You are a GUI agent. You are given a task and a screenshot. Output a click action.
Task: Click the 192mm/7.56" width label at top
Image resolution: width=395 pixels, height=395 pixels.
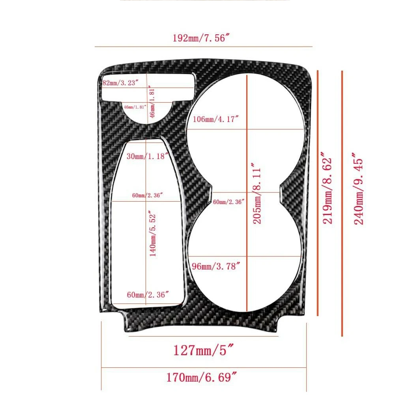pos(201,38)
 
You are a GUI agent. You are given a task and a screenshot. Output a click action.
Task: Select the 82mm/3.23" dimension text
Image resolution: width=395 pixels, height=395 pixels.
pos(120,83)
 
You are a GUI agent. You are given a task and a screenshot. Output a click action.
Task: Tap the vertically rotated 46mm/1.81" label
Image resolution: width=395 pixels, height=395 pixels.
pos(152,102)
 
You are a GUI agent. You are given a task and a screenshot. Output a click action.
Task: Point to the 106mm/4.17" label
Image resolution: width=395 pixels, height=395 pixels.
pos(215,119)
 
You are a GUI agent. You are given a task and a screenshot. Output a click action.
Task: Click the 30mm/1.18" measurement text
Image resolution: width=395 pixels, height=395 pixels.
pos(147,156)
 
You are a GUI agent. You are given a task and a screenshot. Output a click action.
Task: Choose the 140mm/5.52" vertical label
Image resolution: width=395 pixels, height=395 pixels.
pos(153,234)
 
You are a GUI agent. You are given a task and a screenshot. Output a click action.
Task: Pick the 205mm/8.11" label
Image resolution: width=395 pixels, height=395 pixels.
pos(257,193)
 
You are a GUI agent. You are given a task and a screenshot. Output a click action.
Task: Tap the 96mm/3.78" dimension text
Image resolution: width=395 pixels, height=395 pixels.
pos(216,266)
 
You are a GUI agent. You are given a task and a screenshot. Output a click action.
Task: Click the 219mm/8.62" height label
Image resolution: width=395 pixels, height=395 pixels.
pos(328,188)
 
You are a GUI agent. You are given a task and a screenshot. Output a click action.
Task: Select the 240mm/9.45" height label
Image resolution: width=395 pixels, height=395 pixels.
pos(358,189)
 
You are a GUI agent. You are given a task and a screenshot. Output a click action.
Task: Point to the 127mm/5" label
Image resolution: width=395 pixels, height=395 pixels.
pos(203,350)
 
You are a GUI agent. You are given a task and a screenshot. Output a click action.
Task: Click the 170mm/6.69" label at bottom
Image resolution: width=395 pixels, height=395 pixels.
pos(202,377)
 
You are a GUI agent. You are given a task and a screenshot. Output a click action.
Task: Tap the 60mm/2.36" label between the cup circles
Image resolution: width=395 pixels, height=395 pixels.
pos(228,202)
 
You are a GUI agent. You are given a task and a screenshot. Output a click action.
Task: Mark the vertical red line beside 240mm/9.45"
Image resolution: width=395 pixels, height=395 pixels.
pos(342,204)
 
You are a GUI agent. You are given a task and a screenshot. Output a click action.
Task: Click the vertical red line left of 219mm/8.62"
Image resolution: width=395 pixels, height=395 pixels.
pos(318,193)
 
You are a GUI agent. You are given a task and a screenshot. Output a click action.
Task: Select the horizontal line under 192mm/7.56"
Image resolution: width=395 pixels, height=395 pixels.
pos(204,47)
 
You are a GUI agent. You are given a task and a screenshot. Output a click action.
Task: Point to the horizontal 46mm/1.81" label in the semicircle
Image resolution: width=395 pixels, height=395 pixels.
pos(135,107)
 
